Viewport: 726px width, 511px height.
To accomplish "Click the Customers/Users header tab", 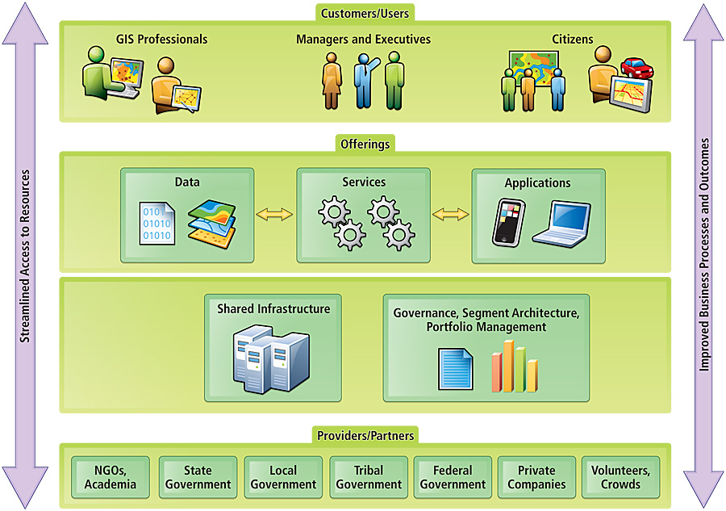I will click(x=365, y=13).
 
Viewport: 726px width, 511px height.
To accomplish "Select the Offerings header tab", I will click(x=365, y=145).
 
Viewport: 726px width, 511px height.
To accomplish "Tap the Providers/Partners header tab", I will click(x=365, y=436).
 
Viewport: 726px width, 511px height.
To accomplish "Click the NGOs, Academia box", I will click(x=111, y=477).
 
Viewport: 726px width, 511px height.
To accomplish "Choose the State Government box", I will click(x=198, y=477).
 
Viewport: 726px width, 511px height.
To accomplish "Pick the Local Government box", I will click(x=282, y=477).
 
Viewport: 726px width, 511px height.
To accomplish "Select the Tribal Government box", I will click(x=369, y=477).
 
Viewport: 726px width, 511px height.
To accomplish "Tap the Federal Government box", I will click(x=453, y=477).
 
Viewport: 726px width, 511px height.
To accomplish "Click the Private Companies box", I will click(x=536, y=477).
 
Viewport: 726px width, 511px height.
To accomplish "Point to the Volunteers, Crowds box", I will click(x=620, y=477).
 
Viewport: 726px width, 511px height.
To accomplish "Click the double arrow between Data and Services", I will click(x=274, y=214).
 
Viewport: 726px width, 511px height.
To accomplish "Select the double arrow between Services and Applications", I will click(x=450, y=214).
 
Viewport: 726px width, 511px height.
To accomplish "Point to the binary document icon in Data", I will click(x=155, y=222).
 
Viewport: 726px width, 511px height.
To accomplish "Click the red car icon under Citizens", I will click(x=636, y=68).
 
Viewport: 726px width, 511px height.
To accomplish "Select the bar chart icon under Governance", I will click(x=515, y=366).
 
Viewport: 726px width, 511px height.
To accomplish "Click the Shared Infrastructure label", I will click(x=273, y=309).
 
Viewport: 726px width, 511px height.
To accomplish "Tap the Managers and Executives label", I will click(x=363, y=39).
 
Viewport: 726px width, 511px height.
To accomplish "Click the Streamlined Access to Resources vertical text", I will click(x=25, y=256).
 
